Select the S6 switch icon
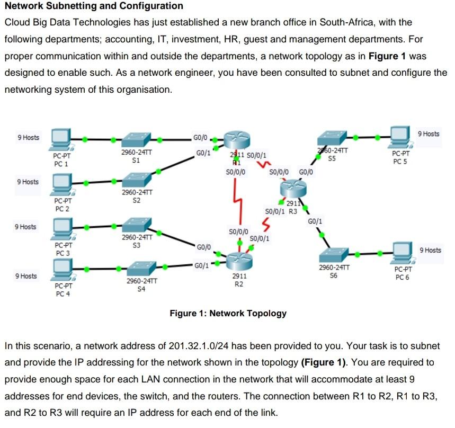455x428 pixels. click(333, 255)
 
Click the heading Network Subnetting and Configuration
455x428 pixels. click(94, 6)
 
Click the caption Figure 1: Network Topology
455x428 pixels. click(228, 313)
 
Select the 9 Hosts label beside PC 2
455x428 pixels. click(28, 182)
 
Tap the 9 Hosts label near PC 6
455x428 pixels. click(430, 250)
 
